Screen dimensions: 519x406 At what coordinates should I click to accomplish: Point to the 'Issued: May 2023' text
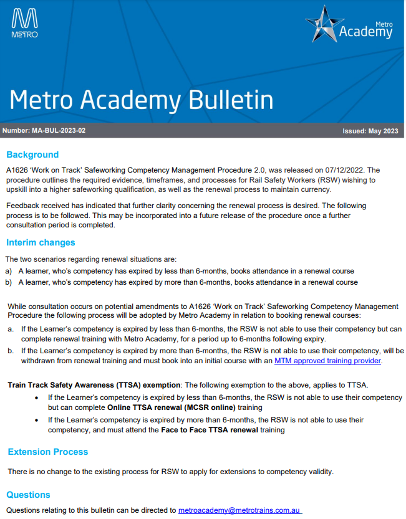[x=370, y=131]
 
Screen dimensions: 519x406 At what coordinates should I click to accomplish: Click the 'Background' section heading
[x=32, y=155]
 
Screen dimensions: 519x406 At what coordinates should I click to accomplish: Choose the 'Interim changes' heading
[x=41, y=242]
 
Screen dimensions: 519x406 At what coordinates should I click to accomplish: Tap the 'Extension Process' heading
[x=48, y=452]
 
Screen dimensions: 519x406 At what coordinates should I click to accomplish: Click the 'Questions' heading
[x=28, y=495]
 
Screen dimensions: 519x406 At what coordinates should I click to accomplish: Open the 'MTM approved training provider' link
[x=327, y=360]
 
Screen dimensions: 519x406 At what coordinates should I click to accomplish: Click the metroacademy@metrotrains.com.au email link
[x=240, y=510]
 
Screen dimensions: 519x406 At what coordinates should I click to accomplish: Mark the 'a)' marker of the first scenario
[x=9, y=271]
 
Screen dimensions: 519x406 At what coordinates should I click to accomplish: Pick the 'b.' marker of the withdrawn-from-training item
[x=11, y=350]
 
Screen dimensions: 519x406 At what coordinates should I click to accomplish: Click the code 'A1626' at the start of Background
[x=18, y=169]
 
